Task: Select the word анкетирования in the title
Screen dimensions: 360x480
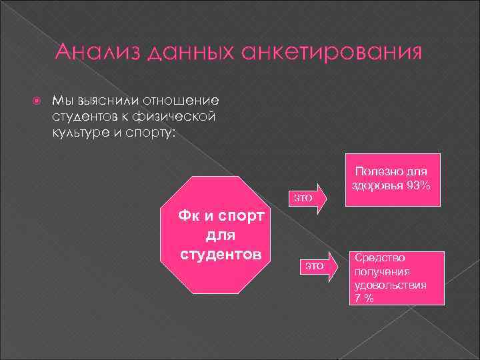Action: coord(333,53)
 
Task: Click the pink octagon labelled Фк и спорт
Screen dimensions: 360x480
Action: coord(221,235)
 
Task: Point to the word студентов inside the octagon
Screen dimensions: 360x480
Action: coord(221,255)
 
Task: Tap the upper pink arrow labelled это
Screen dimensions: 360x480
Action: coord(307,197)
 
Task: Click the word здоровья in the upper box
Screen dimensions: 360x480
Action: coord(375,185)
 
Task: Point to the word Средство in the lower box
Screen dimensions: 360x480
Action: coord(379,257)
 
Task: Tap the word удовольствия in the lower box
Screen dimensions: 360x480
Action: coord(391,285)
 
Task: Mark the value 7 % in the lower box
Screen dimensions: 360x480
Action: coord(364,298)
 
